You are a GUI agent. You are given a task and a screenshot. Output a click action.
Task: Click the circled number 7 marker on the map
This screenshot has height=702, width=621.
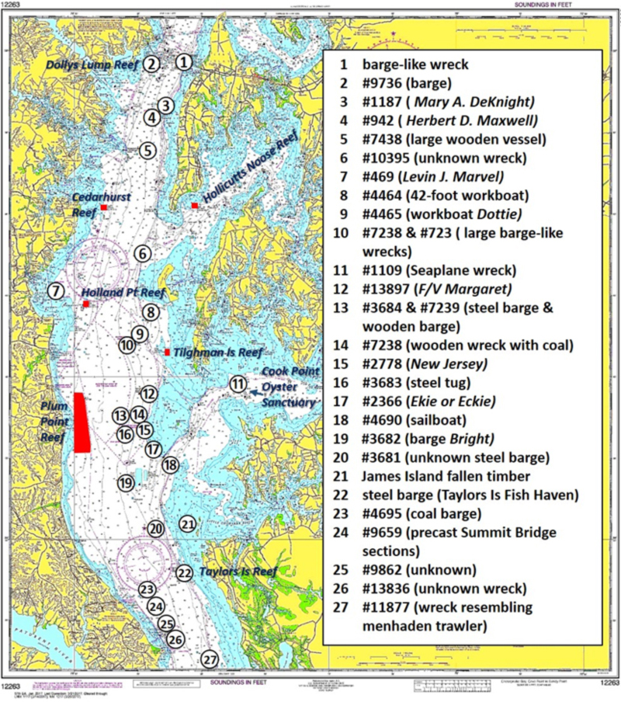click(54, 291)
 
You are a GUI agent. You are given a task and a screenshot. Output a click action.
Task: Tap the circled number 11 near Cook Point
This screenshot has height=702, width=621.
click(238, 384)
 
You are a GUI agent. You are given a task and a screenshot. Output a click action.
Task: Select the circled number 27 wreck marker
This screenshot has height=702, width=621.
click(209, 659)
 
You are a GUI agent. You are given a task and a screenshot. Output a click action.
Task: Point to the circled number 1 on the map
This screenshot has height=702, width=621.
click(183, 61)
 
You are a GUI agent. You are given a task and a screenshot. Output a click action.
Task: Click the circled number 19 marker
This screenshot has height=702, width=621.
click(127, 483)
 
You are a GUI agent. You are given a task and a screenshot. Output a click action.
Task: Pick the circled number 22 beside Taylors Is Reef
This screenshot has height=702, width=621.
click(184, 573)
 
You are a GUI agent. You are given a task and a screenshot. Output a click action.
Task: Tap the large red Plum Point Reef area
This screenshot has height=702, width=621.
click(82, 422)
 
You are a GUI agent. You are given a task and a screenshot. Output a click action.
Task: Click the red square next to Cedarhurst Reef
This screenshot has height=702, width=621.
click(103, 208)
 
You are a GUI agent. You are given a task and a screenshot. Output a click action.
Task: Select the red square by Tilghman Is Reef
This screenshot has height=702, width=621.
click(168, 353)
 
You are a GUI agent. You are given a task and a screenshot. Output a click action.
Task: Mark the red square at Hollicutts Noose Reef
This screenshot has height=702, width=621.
click(194, 205)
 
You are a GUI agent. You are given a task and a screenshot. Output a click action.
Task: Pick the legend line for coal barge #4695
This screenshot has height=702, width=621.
click(422, 513)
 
